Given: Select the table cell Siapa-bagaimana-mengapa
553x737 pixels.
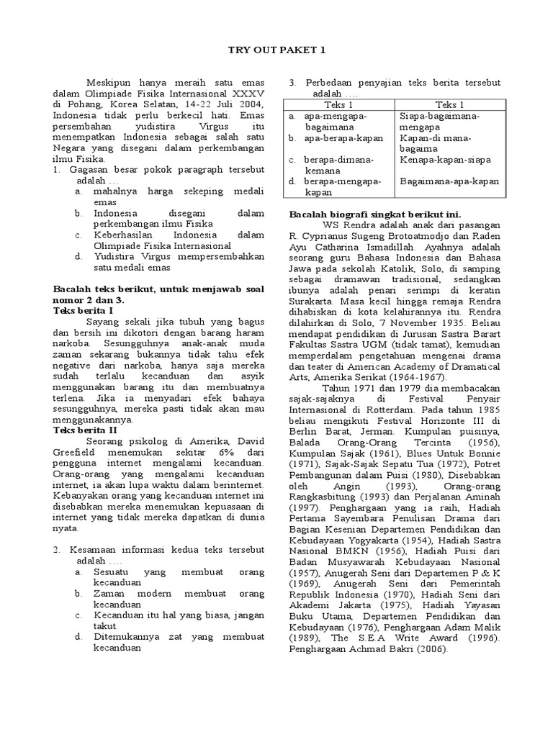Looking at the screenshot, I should tap(439, 121).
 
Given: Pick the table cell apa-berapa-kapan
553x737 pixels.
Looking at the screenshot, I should tap(336, 137).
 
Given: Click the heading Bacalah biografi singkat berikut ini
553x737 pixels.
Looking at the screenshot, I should tap(375, 214).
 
